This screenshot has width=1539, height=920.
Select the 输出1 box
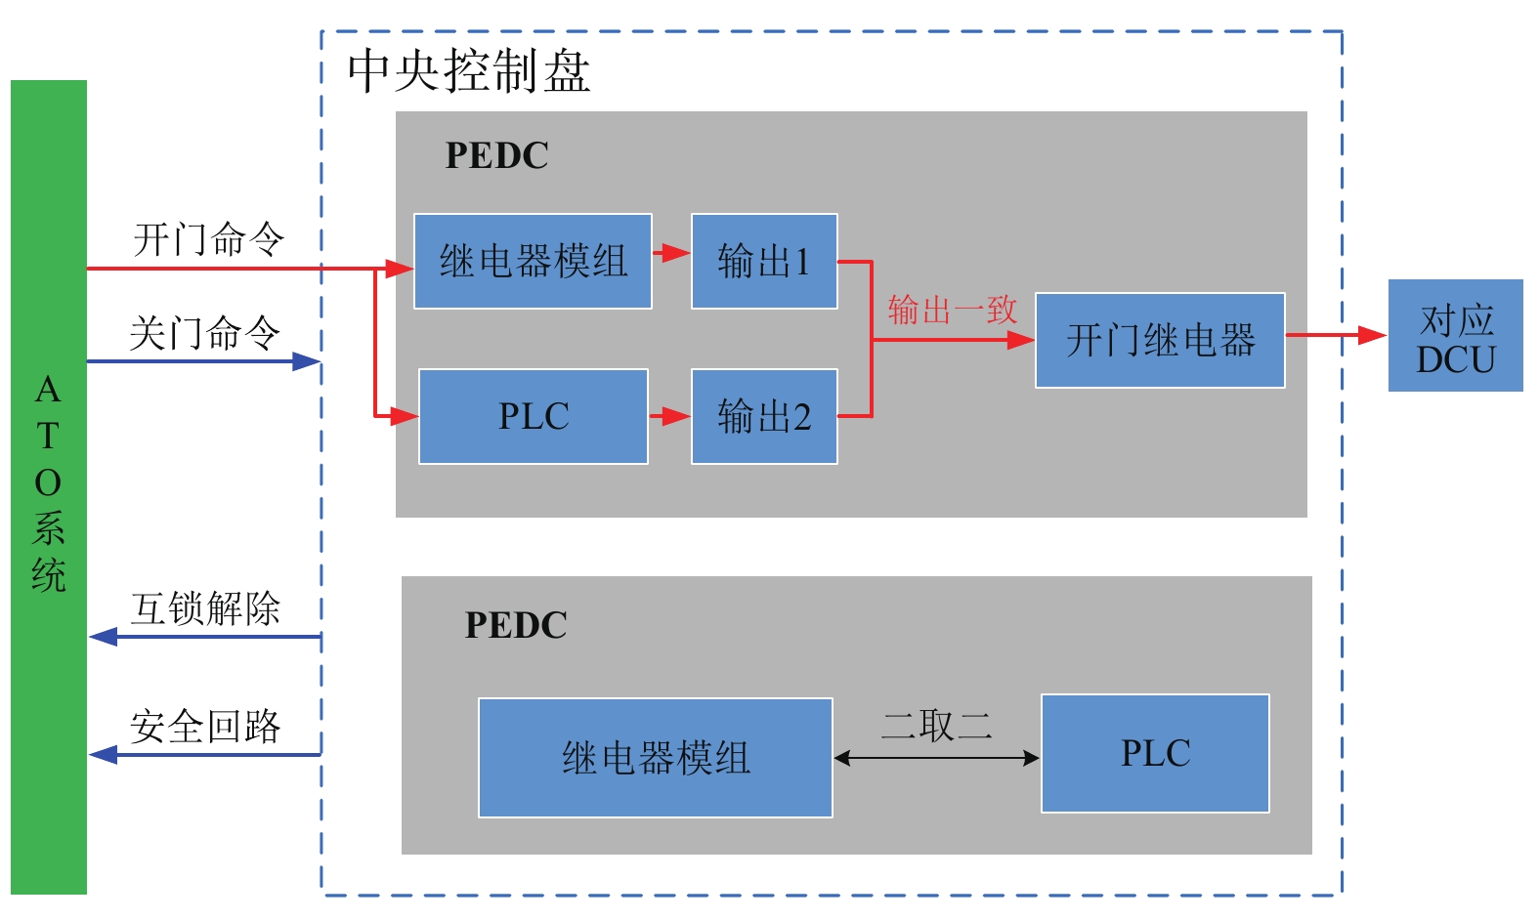click(x=764, y=261)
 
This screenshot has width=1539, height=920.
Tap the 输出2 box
click(x=764, y=416)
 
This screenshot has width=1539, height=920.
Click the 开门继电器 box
click(x=1160, y=340)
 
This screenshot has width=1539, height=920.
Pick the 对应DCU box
click(x=1455, y=336)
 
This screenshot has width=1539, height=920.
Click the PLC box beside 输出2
click(x=534, y=416)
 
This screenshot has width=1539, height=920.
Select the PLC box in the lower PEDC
click(x=1155, y=753)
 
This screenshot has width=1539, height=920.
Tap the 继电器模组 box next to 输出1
click(x=533, y=261)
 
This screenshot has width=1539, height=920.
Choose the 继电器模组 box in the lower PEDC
click(x=655, y=758)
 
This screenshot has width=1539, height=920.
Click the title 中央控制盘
click(x=469, y=71)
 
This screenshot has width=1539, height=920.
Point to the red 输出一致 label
click(x=952, y=310)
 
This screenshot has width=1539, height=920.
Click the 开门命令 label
click(x=208, y=238)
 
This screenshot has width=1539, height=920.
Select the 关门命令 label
click(x=205, y=333)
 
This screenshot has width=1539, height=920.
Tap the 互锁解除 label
click(x=205, y=608)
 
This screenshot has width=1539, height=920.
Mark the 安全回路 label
click(x=205, y=727)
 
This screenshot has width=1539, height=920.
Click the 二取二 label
click(x=936, y=726)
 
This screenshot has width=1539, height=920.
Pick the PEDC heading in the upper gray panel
click(x=496, y=155)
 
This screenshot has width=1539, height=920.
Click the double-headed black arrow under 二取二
click(x=936, y=758)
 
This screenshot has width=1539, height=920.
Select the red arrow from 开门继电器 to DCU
click(x=1336, y=335)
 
